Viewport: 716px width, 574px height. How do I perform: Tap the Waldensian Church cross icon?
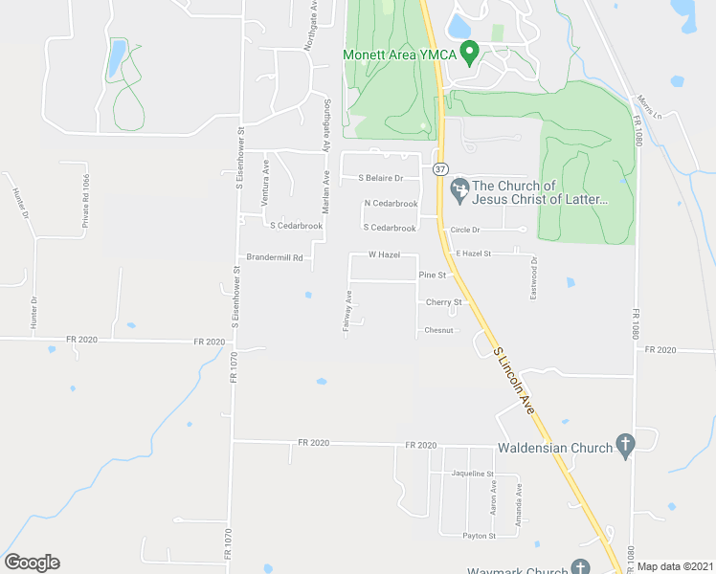coord(625,445)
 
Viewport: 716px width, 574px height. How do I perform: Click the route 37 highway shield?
coord(439,168)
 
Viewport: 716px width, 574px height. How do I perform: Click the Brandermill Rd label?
coord(275,257)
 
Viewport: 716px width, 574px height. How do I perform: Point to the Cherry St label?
coord(443,302)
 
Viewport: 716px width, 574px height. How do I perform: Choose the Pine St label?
coord(434,276)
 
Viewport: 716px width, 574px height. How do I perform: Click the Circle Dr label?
coord(464,230)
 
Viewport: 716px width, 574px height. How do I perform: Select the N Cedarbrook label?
coord(391,204)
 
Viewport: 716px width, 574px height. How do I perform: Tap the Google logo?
coord(32,563)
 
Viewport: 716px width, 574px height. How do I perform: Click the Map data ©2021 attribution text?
coord(675,566)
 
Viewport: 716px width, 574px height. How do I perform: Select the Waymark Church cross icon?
coord(581,567)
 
